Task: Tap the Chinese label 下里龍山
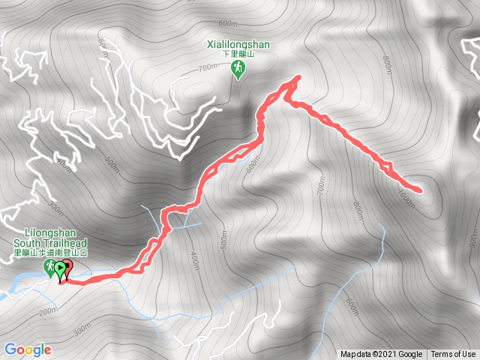[238, 55]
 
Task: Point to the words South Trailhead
[50, 242]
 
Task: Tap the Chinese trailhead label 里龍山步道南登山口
[50, 253]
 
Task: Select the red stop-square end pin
[67, 266]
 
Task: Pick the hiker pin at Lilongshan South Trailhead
[49, 268]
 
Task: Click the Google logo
[27, 349]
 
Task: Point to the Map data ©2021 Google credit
[381, 355]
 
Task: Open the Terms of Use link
[453, 355]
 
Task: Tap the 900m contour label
[472, 238]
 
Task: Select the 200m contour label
[49, 310]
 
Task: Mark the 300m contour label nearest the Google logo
[81, 327]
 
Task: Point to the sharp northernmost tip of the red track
[299, 76]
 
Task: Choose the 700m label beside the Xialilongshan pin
[208, 68]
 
